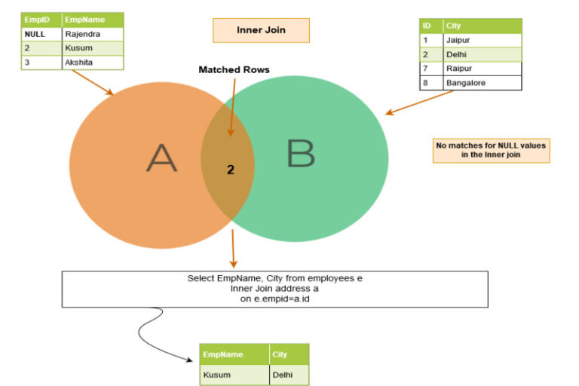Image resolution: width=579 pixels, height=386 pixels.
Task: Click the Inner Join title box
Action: tap(260, 30)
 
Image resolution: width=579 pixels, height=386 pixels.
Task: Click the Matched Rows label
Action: tap(234, 69)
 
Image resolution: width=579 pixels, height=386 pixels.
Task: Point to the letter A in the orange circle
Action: tap(161, 158)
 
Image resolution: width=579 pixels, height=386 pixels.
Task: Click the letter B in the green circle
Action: tap(300, 154)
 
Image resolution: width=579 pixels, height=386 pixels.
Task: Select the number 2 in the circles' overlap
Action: tap(231, 170)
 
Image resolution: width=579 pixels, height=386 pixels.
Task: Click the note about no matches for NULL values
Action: tap(491, 149)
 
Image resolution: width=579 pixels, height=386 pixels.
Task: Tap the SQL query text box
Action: tap(274, 289)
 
